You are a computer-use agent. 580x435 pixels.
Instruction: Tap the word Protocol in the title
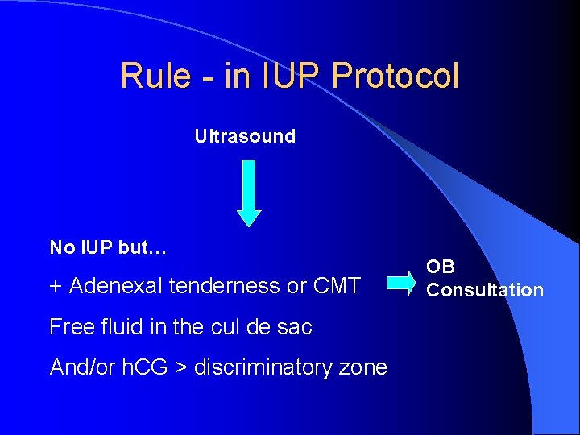[396, 77]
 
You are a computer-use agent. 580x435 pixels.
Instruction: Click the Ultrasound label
[245, 136]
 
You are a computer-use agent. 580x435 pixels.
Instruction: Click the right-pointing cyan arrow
[401, 283]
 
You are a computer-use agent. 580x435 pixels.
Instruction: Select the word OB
[441, 267]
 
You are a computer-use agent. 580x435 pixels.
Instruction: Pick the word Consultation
[485, 290]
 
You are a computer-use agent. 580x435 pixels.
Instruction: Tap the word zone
[363, 368]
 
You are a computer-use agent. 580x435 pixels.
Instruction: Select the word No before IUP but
[60, 247]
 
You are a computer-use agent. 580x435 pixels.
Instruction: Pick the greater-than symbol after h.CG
[181, 368]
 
